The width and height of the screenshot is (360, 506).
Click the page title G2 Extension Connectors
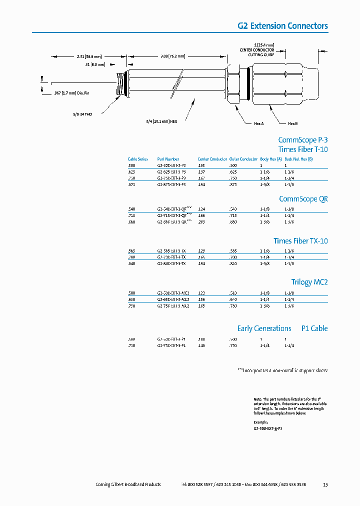[282, 26]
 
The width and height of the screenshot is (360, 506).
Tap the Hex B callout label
[292, 123]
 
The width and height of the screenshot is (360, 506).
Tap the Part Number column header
[168, 159]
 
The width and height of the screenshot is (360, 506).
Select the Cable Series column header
[138, 159]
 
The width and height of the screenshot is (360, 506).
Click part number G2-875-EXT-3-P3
[171, 184]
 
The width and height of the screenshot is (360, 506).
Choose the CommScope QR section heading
[303, 199]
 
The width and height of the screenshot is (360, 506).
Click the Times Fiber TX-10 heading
[300, 241]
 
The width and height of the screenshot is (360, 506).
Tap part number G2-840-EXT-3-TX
[171, 263]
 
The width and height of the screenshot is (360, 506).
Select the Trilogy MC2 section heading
[309, 282]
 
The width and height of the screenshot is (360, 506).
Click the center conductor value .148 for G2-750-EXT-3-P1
[201, 345]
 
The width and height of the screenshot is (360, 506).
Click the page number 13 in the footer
[325, 484]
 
